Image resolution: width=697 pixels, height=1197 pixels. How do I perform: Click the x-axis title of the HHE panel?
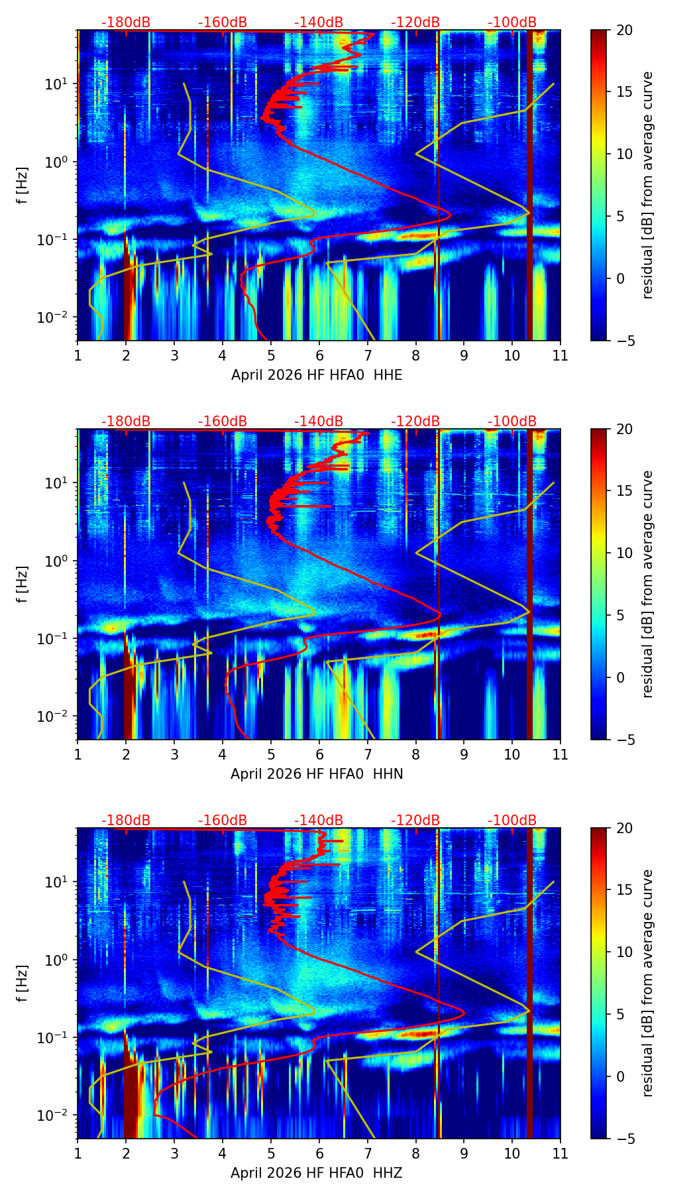(317, 375)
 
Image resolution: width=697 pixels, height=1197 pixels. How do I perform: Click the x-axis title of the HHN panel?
(317, 774)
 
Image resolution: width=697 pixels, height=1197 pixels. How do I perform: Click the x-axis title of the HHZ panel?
(317, 1173)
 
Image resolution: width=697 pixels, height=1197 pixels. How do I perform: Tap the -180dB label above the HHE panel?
(126, 23)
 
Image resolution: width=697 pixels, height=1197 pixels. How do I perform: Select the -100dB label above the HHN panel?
(512, 422)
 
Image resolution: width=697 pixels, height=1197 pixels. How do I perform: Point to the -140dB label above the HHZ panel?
(319, 821)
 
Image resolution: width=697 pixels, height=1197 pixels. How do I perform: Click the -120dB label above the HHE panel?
(415, 23)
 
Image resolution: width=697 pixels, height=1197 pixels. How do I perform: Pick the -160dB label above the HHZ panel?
(223, 821)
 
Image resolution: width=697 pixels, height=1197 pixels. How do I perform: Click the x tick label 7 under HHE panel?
(367, 355)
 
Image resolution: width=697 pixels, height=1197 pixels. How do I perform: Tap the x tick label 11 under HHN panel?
(561, 754)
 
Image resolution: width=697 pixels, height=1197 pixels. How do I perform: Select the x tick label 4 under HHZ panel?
(223, 1153)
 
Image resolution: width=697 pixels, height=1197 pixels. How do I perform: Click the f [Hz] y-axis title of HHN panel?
(23, 585)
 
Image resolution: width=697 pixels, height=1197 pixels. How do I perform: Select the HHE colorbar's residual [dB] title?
(647, 185)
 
